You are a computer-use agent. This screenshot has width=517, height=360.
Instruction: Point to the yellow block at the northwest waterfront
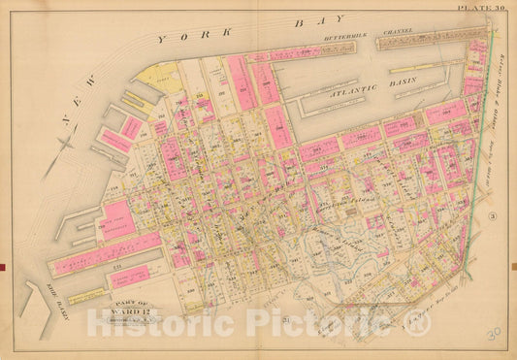162,75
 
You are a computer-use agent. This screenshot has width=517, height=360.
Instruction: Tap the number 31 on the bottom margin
285,320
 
